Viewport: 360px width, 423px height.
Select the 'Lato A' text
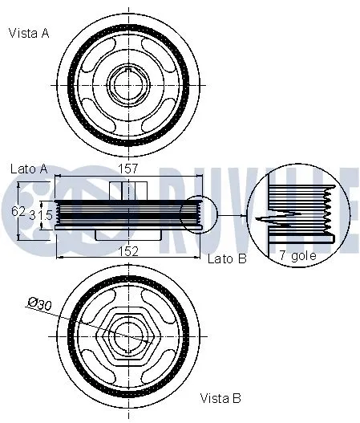pyautogui.click(x=29, y=169)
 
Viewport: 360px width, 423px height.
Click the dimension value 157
pyautogui.click(x=129, y=169)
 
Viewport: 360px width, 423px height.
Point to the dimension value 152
pyautogui.click(x=128, y=250)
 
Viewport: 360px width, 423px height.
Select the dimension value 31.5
pyautogui.click(x=41, y=215)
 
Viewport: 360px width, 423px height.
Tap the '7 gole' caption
pyautogui.click(x=297, y=255)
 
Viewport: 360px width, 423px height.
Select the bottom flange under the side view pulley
pyautogui.click(x=127, y=235)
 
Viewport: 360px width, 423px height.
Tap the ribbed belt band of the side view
pyautogui.click(x=120, y=215)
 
